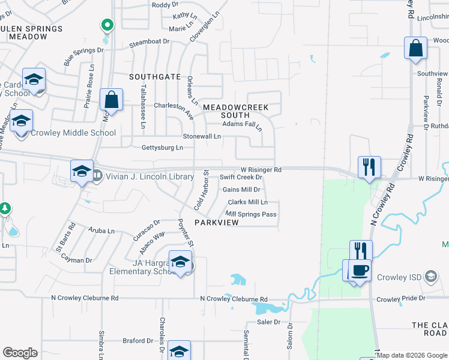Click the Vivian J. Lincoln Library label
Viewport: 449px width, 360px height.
pos(149,176)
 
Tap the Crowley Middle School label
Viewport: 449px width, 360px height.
pos(73,133)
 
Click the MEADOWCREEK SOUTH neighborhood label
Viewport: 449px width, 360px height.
pos(235,110)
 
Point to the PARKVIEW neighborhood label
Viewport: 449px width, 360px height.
pos(217,223)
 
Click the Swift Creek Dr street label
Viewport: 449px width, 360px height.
pos(241,177)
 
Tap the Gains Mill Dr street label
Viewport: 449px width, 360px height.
pos(241,190)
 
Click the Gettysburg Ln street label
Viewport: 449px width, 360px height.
pos(162,148)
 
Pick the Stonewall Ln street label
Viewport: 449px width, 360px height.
pos(202,137)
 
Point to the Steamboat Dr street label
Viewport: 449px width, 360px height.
pos(149,43)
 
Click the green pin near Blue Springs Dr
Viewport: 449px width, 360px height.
pos(107,26)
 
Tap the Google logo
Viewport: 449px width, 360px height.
pos(20,353)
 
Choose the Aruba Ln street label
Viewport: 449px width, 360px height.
pos(101,230)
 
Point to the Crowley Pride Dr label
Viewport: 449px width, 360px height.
pos(400,298)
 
